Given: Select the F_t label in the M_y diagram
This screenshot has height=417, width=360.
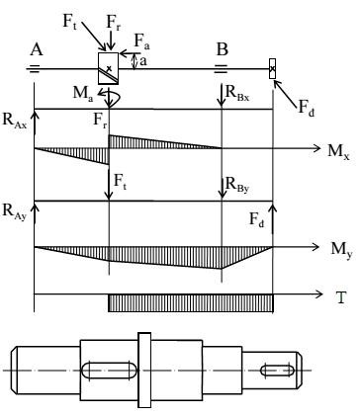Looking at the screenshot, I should (x=122, y=182).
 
